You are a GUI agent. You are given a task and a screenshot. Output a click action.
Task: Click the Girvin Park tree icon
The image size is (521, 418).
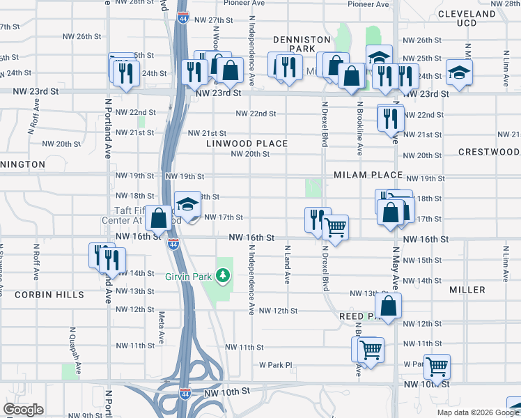click(223, 276)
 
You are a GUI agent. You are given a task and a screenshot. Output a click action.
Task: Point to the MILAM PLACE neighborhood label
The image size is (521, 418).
click(368, 175)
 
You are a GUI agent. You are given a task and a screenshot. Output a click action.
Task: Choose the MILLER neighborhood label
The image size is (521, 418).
click(467, 289)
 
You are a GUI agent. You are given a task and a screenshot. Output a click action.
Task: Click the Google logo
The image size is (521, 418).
click(23, 410)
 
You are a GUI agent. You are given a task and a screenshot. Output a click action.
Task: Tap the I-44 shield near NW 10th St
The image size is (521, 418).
click(185, 393)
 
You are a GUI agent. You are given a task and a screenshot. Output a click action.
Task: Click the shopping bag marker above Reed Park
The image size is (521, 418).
click(388, 305)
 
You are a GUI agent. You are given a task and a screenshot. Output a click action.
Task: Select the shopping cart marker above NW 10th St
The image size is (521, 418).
click(437, 365)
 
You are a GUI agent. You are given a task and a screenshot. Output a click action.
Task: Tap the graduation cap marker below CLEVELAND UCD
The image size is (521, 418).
click(459, 72)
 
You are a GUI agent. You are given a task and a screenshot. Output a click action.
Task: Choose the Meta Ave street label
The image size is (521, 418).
click(161, 324)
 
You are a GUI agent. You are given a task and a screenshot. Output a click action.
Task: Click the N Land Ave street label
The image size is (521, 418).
click(287, 264)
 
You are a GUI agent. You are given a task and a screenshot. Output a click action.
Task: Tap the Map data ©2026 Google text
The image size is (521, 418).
click(479, 412)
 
